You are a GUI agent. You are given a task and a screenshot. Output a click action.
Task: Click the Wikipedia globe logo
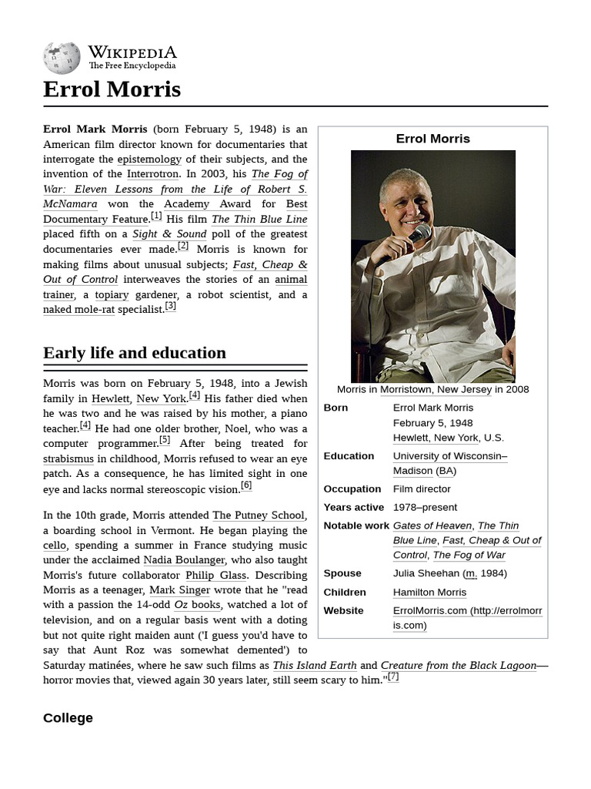click(x=62, y=58)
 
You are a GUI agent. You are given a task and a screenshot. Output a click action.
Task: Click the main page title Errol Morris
click(x=112, y=89)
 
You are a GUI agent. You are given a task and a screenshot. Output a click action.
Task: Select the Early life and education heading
click(x=135, y=353)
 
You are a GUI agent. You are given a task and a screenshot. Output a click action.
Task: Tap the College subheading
click(x=68, y=717)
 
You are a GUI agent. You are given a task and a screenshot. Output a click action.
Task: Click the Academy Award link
click(x=207, y=204)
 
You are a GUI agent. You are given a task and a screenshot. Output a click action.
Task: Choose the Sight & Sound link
click(x=169, y=234)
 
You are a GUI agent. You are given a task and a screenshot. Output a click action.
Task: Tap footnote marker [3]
click(x=170, y=307)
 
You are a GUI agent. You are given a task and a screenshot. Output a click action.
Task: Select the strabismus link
click(x=68, y=459)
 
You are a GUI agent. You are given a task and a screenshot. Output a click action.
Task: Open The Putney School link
click(x=259, y=515)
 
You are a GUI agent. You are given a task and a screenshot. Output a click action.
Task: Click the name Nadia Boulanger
click(x=184, y=560)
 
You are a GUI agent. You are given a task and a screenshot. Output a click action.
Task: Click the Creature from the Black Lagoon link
click(x=458, y=666)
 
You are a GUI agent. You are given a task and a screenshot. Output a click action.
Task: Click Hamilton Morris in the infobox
click(x=429, y=593)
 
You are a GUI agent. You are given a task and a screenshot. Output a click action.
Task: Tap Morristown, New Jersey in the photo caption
click(x=436, y=389)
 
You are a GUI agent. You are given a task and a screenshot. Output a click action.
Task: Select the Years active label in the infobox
click(x=353, y=508)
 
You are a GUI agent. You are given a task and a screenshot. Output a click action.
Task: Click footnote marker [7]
click(x=392, y=677)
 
